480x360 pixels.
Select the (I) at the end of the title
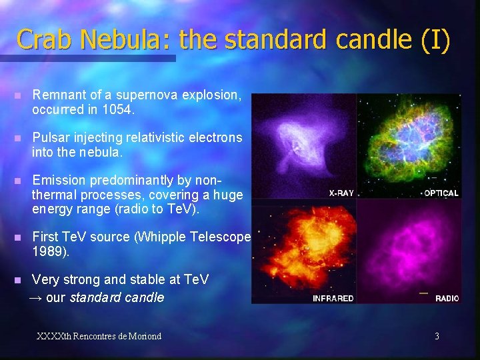[435, 39]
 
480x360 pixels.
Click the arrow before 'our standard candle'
[37, 297]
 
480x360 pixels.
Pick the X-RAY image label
[341, 193]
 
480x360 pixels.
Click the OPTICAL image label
[441, 193]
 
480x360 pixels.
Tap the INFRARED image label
[333, 298]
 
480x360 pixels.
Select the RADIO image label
[447, 298]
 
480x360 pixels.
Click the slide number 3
[437, 336]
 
